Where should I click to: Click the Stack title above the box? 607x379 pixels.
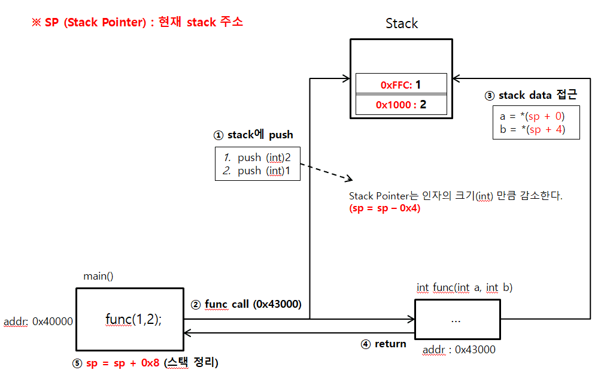pos(402,24)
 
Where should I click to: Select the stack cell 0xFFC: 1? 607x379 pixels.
pos(401,85)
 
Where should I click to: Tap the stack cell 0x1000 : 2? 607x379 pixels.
pos(401,105)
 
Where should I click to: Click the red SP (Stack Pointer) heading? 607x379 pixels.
pos(138,23)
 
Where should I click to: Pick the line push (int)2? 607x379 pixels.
pos(257,157)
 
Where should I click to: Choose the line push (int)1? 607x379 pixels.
pos(257,171)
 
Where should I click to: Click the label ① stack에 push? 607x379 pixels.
pos(253,135)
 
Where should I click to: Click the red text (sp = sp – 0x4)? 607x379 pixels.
pos(384,208)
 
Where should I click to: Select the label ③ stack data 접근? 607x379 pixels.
pos(530,95)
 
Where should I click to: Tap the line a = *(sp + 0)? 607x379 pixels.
pos(532,116)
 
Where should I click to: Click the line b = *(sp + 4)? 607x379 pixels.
pos(532,129)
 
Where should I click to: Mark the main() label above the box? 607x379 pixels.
pos(98,276)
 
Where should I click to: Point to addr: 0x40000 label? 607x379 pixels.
pos(38,322)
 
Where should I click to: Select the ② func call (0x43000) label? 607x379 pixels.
pos(246,304)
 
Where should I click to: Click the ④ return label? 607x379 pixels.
pos(383,344)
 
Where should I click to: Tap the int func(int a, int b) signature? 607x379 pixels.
pos(465,288)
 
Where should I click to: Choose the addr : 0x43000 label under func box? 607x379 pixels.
pos(459,350)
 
